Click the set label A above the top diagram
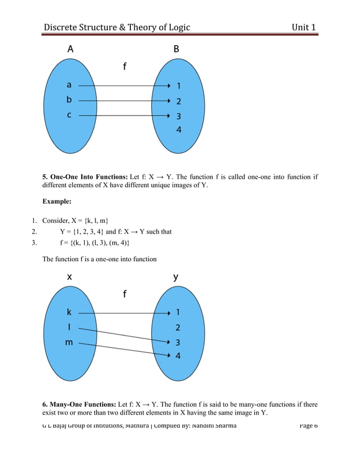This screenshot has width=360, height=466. tap(70, 49)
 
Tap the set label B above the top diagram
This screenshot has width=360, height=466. tap(177, 49)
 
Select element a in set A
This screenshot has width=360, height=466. tap(69, 85)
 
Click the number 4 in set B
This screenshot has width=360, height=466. tap(178, 130)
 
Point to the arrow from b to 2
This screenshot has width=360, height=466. tap(124, 101)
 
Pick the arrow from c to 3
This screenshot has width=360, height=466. tap(124, 116)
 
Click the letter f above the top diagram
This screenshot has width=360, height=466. tap(125, 67)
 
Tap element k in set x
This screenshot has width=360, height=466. tap(69, 312)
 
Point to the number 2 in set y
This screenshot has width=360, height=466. tap(178, 327)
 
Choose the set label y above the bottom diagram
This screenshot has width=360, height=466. tap(176, 276)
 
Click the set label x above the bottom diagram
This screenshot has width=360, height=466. tap(69, 277)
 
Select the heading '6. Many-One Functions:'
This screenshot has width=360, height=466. tap(79, 405)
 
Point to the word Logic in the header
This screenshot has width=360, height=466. tap(176, 27)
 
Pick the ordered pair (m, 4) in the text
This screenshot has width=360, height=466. tap(120, 243)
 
